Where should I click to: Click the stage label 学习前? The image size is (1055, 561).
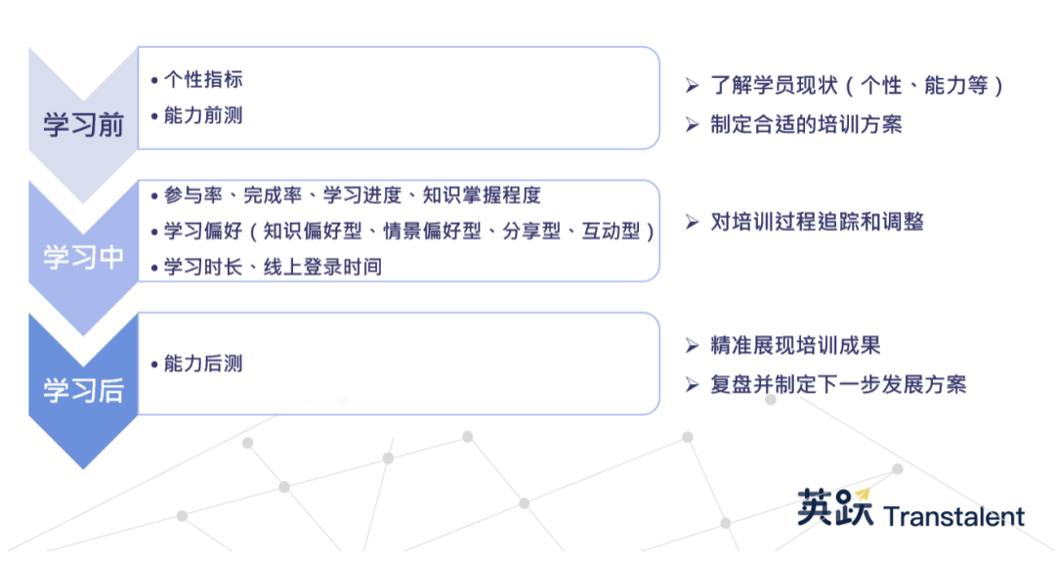pos(83,124)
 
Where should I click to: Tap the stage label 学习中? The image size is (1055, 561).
pos(83,257)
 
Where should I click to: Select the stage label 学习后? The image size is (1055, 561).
pos(83,390)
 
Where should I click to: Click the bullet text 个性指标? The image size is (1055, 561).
pos(203,79)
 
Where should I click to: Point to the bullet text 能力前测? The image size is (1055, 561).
pos(203,116)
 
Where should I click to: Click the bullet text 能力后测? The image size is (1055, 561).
pos(203,364)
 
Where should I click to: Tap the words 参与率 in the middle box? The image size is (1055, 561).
pos(193,195)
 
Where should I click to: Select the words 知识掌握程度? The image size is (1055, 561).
pos(482,195)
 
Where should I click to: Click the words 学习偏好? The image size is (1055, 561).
pos(203,231)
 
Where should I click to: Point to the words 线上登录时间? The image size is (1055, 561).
pos(323,267)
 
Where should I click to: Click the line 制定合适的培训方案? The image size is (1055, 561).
pos(806,124)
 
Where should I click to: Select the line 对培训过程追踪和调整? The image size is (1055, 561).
pos(817,222)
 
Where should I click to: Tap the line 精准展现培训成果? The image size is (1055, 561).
pos(795,345)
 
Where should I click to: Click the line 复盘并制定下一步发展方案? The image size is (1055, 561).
pos(838,384)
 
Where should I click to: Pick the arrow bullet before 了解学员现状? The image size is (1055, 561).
pos(693,86)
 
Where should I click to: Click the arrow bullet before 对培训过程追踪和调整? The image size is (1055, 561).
pos(693,222)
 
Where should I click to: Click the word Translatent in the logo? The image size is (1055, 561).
pos(954,517)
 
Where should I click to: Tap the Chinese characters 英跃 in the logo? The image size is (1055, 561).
pos(835,507)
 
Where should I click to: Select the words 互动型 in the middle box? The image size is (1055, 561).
pos(611,231)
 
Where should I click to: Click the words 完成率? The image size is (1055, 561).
pos(273,195)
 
